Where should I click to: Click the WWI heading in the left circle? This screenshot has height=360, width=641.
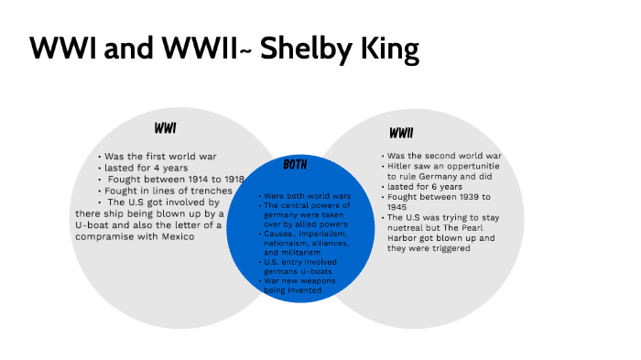pyautogui.click(x=166, y=127)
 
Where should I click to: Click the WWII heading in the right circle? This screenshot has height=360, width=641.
pyautogui.click(x=401, y=134)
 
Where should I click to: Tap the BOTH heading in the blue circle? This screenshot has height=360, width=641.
pyautogui.click(x=295, y=165)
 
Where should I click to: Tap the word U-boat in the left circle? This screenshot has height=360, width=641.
pyautogui.click(x=92, y=225)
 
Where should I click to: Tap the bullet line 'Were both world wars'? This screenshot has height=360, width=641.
pyautogui.click(x=305, y=196)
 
